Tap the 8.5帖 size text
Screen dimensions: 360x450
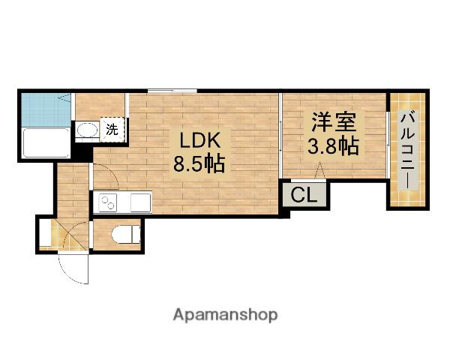(x=199, y=163)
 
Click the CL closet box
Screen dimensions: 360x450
(x=304, y=196)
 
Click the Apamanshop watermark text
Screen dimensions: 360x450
(x=225, y=314)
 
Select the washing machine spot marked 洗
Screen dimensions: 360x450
(x=112, y=129)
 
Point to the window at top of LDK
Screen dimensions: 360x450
(x=172, y=91)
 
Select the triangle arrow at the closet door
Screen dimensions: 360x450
(x=320, y=174)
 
